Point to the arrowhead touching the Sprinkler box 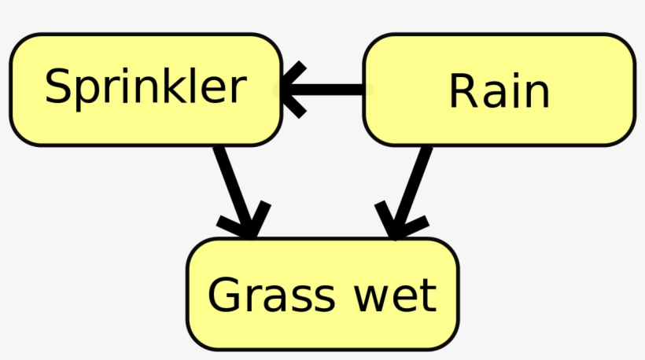click(x=289, y=90)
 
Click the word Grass click(x=260, y=296)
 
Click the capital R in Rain click(x=463, y=91)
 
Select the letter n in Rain click(x=535, y=94)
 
